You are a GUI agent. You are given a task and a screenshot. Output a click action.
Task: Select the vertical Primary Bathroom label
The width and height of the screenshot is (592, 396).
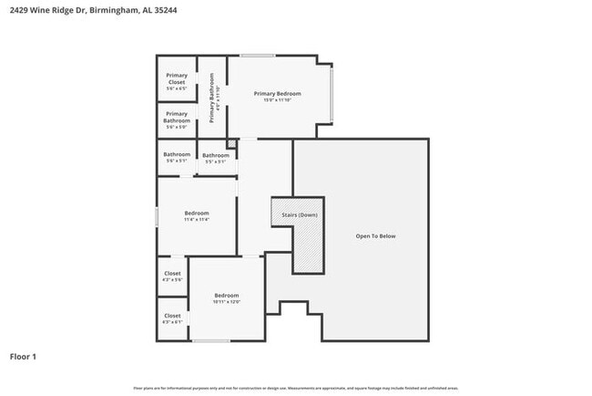[x=211, y=102]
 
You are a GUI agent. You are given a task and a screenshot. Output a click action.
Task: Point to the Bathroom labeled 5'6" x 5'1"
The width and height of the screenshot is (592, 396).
[x=177, y=157]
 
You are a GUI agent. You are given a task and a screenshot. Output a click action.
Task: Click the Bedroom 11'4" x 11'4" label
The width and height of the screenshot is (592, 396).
[x=196, y=216]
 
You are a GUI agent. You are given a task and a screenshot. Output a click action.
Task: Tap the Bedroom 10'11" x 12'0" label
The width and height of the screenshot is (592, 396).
[x=226, y=298]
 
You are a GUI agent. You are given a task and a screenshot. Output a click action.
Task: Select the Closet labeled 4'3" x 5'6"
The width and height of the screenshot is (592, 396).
[x=172, y=276]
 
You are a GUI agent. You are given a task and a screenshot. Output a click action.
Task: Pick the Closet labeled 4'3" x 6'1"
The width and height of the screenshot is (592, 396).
[x=172, y=318]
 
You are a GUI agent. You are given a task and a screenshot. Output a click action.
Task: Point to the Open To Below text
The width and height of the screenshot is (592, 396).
[x=375, y=236]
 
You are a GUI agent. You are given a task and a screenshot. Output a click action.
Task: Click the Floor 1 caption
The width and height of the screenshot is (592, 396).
[x=24, y=356]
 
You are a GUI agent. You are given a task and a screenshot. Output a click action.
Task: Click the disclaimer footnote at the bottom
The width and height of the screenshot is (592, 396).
[x=296, y=388]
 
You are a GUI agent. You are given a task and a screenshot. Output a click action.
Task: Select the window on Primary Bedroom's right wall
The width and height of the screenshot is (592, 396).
[x=332, y=96]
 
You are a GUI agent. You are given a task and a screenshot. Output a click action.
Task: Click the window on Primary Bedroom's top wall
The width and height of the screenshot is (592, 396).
[x=258, y=56]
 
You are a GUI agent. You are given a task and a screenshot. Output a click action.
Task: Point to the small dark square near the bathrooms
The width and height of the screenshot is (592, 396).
[x=231, y=143]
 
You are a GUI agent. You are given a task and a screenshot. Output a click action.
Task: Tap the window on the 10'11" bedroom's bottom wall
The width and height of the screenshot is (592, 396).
[x=210, y=341]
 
